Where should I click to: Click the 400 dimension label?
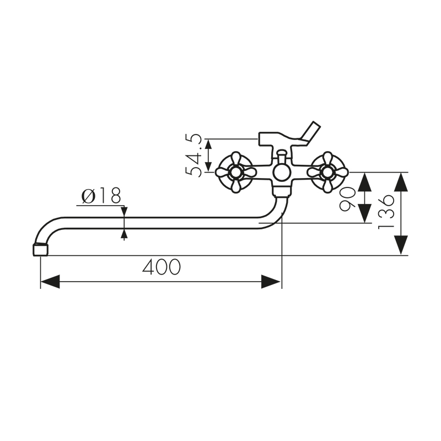click(x=162, y=267)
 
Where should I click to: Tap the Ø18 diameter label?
click(x=101, y=196)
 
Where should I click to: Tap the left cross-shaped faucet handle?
click(x=235, y=172)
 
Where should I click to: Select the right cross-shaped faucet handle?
click(x=327, y=172)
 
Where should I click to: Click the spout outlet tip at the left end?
click(x=40, y=249)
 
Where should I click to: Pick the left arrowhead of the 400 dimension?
click(x=50, y=282)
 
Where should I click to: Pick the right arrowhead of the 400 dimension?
click(x=271, y=282)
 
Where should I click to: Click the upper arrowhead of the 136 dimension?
click(x=401, y=182)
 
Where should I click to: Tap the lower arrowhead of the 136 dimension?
click(x=401, y=245)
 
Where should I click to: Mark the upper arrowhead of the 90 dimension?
click(x=364, y=182)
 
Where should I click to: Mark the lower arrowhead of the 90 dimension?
click(x=364, y=213)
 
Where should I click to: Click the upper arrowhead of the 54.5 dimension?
click(x=208, y=144)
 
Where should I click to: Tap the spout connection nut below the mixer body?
click(x=282, y=191)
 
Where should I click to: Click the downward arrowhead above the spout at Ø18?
click(x=124, y=212)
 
